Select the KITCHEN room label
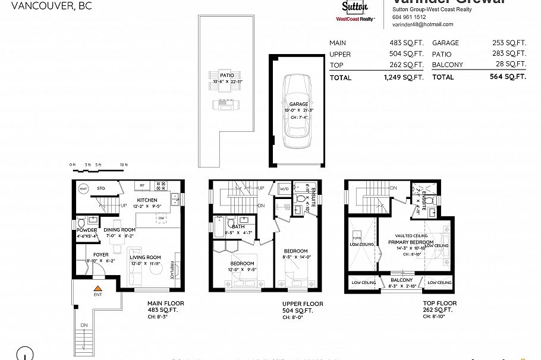[x=147, y=200]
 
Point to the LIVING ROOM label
[x=146, y=257]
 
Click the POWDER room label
[x=87, y=230]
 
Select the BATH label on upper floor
[x=239, y=226]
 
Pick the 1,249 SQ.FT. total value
[x=404, y=77]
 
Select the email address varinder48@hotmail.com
[x=423, y=24]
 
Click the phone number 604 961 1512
[x=409, y=17]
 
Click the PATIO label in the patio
[x=227, y=75]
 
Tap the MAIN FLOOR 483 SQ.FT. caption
[x=165, y=307]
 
